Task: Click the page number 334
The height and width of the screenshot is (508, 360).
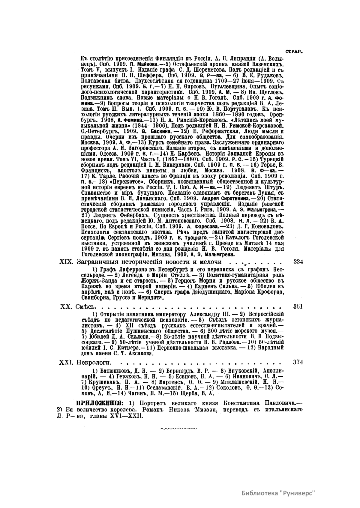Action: click(x=298, y=262)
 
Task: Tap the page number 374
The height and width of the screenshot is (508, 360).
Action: click(x=298, y=362)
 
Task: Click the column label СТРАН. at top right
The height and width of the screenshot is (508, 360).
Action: click(x=294, y=52)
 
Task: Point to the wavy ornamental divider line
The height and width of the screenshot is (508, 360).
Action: click(x=179, y=429)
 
